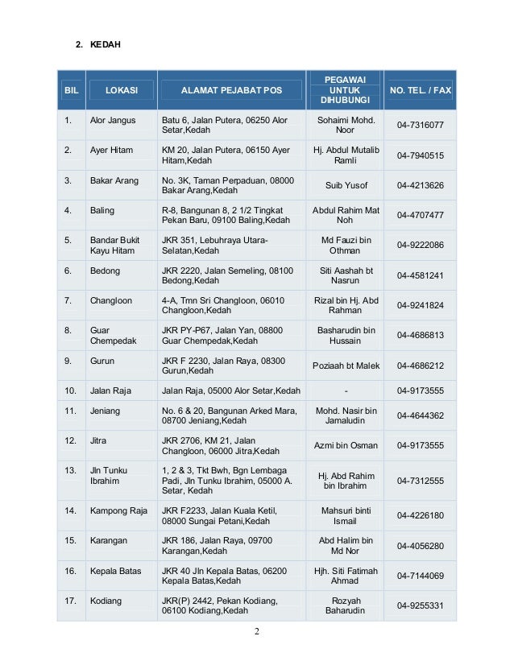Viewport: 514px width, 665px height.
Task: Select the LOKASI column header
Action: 121,90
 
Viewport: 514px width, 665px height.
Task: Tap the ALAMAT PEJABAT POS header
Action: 231,90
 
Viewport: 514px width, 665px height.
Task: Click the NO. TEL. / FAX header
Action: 420,90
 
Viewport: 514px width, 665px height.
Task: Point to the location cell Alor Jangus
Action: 114,121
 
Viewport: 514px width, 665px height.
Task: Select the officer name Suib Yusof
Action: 346,186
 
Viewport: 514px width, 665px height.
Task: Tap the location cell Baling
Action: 102,211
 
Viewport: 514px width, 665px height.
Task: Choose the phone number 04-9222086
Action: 420,246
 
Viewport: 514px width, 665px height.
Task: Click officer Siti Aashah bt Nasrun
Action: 346,276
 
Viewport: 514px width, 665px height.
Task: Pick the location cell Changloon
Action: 110,301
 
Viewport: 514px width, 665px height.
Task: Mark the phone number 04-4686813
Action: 420,336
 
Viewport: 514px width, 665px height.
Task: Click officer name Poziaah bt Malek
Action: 346,366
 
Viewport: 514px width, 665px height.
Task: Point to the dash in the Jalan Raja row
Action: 346,391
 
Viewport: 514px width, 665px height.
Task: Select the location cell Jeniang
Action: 106,411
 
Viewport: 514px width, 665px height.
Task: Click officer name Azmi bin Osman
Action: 346,446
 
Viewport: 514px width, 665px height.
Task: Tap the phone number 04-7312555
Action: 420,481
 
